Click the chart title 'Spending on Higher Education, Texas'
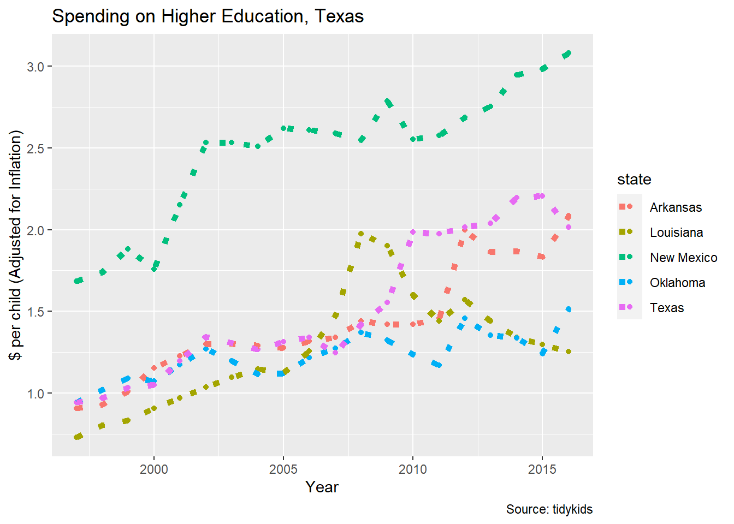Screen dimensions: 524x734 pyautogui.click(x=208, y=16)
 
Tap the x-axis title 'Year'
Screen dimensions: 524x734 pyautogui.click(x=322, y=487)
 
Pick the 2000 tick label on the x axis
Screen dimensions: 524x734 pyautogui.click(x=154, y=469)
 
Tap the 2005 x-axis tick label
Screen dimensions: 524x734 pyautogui.click(x=283, y=469)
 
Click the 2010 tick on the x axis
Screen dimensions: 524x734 pyautogui.click(x=413, y=469)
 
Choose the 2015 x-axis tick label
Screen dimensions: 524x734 pyautogui.click(x=542, y=469)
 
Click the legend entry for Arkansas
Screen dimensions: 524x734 pyautogui.click(x=676, y=207)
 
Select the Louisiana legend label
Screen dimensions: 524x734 pyautogui.click(x=676, y=233)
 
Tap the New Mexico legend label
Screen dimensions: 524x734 pyautogui.click(x=683, y=258)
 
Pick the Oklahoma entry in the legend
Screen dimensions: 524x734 pyautogui.click(x=677, y=283)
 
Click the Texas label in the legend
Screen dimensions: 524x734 pyautogui.click(x=667, y=308)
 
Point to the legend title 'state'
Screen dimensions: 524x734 pyautogui.click(x=634, y=180)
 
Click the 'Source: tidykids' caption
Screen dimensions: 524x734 pyautogui.click(x=549, y=509)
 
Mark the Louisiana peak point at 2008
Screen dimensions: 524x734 pyautogui.click(x=361, y=234)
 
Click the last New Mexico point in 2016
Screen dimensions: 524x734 pyautogui.click(x=569, y=53)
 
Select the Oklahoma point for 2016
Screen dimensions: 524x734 pyautogui.click(x=569, y=309)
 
